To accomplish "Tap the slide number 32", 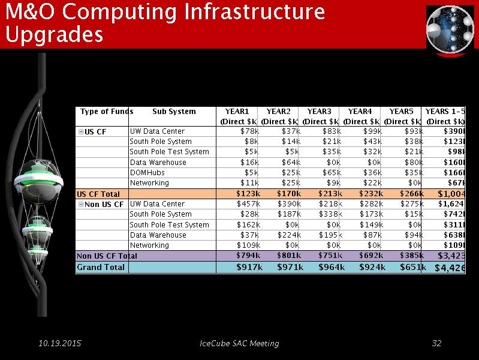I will (x=436, y=343).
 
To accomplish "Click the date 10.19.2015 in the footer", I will (x=60, y=343).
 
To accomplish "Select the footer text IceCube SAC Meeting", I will (x=239, y=343).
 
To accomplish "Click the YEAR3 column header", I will (x=320, y=112).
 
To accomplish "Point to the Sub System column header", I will (x=174, y=112).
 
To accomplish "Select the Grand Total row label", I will (x=101, y=267).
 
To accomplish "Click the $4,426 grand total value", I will (x=450, y=268).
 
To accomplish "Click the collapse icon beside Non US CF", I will (x=81, y=205).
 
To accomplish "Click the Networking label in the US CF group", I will (x=149, y=183).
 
